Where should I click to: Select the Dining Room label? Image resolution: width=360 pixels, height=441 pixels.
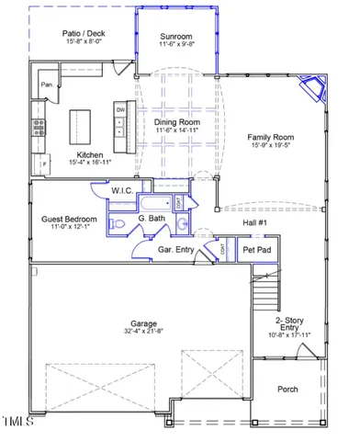pyautogui.click(x=178, y=122)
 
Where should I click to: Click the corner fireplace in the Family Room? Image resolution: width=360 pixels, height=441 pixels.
pyautogui.click(x=316, y=89)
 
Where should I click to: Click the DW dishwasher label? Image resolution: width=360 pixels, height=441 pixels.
pyautogui.click(x=120, y=109)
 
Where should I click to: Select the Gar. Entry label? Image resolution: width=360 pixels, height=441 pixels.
pyautogui.click(x=174, y=249)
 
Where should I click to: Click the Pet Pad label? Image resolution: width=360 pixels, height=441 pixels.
pyautogui.click(x=255, y=250)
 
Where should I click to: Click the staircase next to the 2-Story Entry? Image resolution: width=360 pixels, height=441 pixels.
pyautogui.click(x=264, y=294)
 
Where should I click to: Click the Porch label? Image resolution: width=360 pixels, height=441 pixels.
pyautogui.click(x=287, y=389)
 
